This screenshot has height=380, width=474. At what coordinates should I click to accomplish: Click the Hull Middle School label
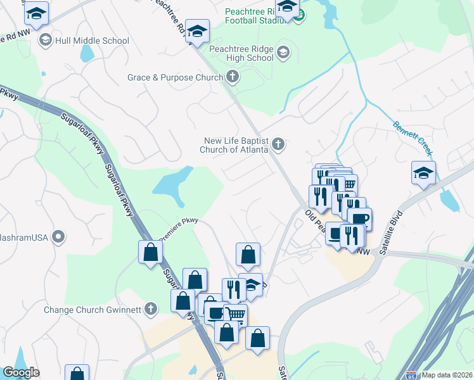[93, 41]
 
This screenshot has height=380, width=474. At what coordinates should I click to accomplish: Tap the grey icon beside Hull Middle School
[46, 41]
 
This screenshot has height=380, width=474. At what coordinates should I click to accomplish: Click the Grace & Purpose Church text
[175, 77]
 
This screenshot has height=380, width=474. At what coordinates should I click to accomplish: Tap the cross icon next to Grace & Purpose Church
[233, 77]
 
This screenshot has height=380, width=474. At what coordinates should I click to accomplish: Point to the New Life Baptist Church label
[235, 146]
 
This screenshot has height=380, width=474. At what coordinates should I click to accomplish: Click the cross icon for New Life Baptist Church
[278, 146]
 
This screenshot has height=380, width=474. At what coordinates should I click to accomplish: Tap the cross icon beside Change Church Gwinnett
[150, 309]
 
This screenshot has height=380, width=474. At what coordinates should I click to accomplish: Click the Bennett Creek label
[413, 139]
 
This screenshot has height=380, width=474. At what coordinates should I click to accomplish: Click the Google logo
[21, 372]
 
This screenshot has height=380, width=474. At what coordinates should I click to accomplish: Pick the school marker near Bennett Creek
[423, 172]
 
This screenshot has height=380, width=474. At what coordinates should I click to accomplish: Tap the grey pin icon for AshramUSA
[58, 237]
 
